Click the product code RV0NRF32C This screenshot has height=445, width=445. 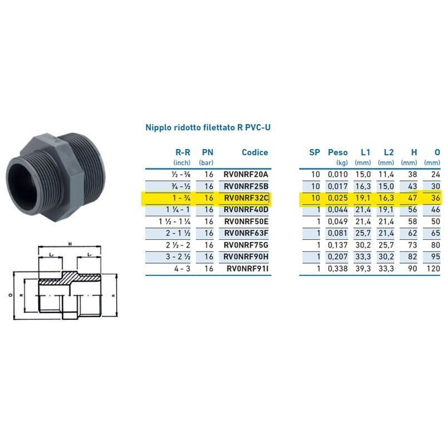click(245, 197)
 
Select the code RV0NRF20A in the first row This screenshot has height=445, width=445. click(245, 174)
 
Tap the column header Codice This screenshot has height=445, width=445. click(255, 152)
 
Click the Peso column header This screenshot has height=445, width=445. click(338, 152)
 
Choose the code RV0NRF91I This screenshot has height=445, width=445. click(247, 269)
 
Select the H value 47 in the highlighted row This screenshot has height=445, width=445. click(412, 197)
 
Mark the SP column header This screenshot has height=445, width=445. click(314, 152)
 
